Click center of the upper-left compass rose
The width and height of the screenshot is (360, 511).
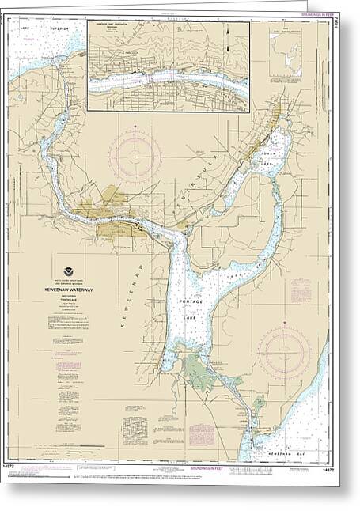[135, 155]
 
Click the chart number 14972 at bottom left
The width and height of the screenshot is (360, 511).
[15, 470]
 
